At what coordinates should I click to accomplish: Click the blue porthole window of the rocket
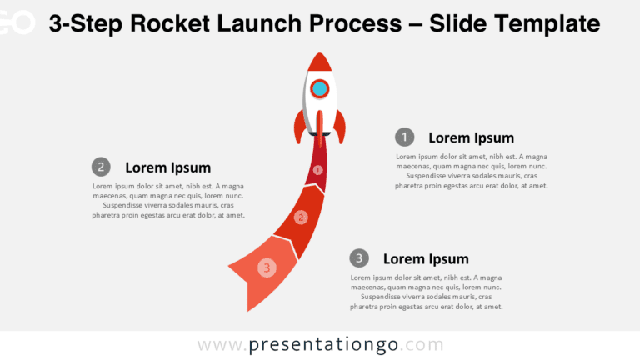[319, 87]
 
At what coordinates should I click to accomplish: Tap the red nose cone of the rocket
[319, 62]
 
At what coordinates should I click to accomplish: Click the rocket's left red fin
[299, 127]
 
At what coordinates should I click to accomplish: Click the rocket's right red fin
[339, 127]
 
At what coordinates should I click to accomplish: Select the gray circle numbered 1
[404, 137]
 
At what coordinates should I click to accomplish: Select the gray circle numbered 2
[101, 167]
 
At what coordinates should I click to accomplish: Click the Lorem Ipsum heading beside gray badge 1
[471, 137]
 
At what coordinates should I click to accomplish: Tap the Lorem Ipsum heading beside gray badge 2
[167, 167]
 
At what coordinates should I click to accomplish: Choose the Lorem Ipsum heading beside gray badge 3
[426, 258]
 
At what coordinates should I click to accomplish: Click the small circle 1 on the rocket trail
[317, 170]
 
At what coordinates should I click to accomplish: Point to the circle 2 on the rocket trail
[302, 217]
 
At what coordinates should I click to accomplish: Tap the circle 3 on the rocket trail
[267, 267]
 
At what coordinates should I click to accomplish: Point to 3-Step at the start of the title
[82, 24]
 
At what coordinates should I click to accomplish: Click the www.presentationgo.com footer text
[320, 344]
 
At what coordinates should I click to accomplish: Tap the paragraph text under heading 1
[471, 171]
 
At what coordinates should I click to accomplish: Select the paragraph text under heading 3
[426, 292]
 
